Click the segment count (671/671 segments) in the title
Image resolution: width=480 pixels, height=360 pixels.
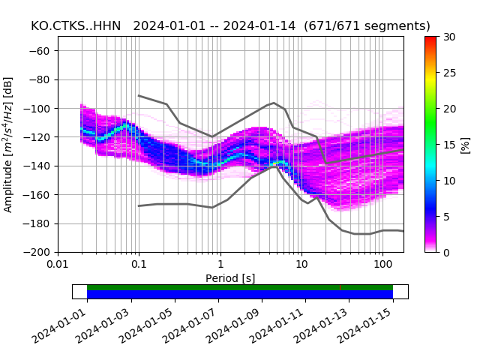click(x=367, y=26)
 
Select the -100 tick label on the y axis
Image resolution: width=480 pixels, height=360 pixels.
click(x=40, y=109)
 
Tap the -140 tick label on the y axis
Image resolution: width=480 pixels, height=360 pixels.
click(x=40, y=166)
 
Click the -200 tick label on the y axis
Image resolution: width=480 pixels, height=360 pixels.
click(x=40, y=252)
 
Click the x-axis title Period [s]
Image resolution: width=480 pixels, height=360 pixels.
click(x=230, y=278)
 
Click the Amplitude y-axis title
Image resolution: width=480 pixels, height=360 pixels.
click(x=9, y=144)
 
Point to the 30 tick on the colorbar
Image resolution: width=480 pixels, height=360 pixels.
click(x=448, y=37)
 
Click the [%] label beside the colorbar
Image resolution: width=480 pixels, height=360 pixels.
click(x=466, y=144)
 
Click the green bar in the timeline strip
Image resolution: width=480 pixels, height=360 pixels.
click(x=240, y=287)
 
